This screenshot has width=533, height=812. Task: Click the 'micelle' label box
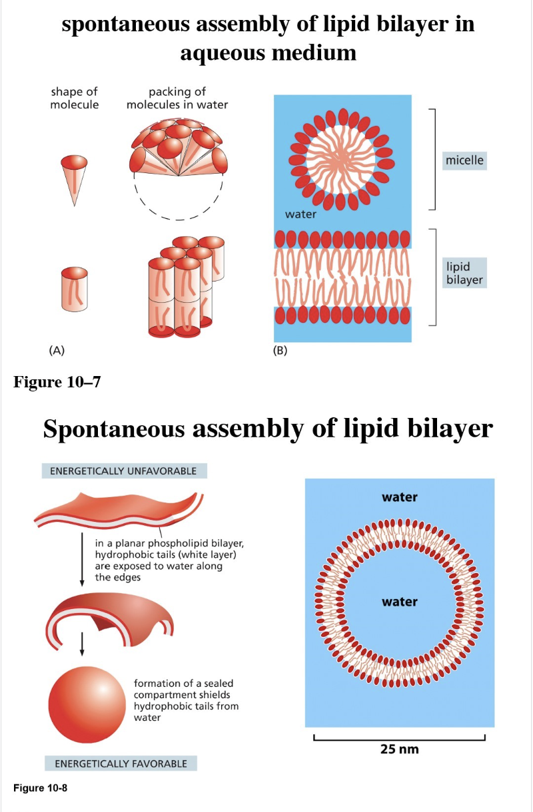pos(465,160)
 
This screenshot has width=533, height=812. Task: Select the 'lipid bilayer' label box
pos(465,273)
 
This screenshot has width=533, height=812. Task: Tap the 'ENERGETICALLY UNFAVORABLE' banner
pos(124,471)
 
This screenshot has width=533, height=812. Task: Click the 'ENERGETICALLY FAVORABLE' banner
pos(121,763)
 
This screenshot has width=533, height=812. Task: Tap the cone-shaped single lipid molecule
pos(74,176)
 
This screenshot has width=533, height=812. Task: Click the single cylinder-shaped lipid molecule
pos(75,289)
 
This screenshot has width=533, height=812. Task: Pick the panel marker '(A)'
pos(57,350)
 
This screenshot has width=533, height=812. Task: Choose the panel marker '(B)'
pos(280,350)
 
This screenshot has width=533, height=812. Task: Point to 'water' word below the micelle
pos(300,214)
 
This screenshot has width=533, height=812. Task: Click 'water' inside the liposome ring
pos(399,602)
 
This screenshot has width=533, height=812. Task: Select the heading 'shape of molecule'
pos(75,99)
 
